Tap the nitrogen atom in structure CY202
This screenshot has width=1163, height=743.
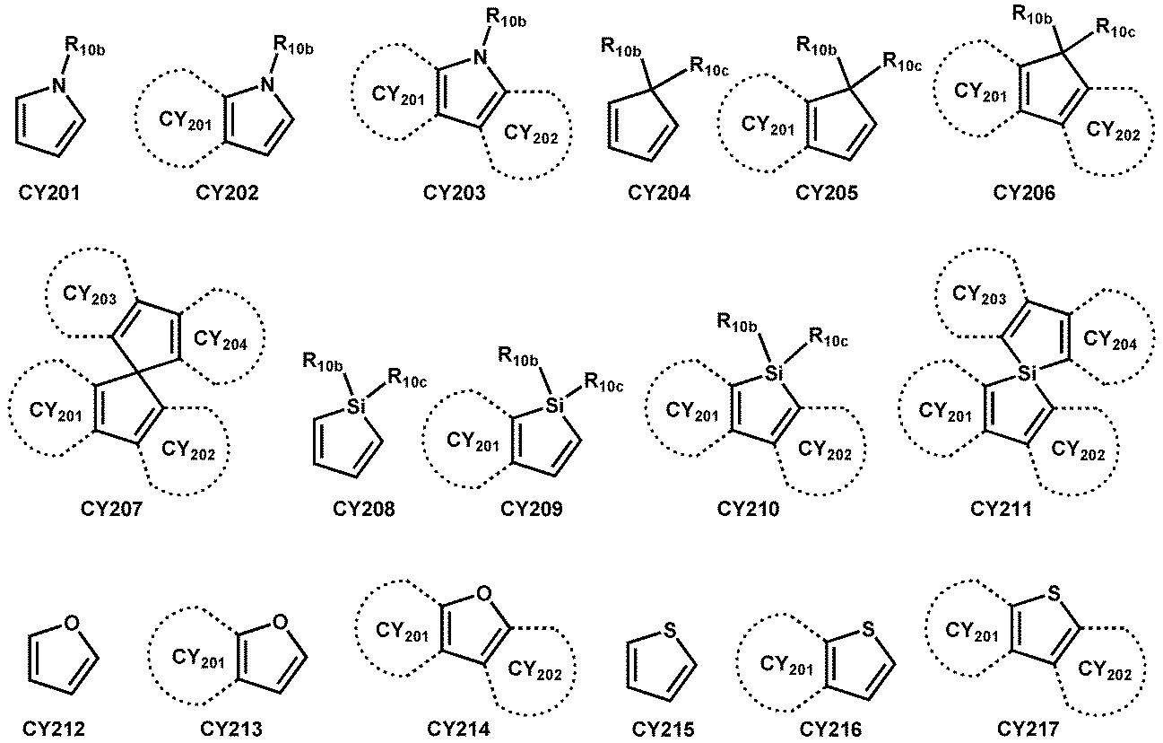pos(266,84)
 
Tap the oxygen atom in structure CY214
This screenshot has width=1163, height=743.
pos(484,592)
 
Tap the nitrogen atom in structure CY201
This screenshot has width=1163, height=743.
pos(58,85)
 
